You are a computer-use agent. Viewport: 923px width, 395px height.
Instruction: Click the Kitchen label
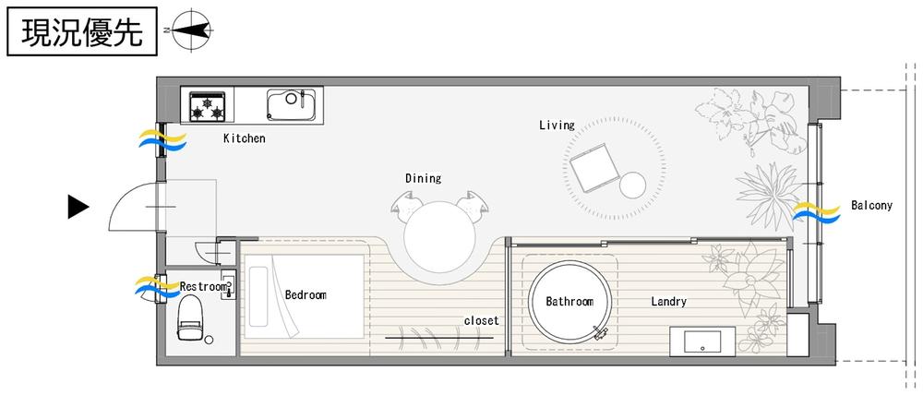[x=245, y=139]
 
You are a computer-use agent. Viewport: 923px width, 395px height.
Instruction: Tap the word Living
[x=557, y=125]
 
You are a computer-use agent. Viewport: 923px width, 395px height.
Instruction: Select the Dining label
[x=424, y=178]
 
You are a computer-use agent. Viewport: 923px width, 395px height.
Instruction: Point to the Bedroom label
[x=306, y=295]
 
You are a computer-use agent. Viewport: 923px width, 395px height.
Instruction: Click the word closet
[x=482, y=321]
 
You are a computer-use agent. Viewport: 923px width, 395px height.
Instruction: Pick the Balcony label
[x=872, y=206]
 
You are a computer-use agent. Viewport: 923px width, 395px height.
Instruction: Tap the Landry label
[x=668, y=302]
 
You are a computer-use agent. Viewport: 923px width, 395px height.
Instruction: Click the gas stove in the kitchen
[x=207, y=106]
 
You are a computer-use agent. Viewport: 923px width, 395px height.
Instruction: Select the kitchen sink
[x=292, y=104]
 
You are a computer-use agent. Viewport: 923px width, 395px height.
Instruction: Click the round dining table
[x=439, y=237]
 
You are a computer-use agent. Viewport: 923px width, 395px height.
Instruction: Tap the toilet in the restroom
[x=190, y=317]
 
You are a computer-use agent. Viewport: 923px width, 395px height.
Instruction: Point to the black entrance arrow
[x=78, y=207]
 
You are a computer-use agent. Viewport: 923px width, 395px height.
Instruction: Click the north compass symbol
[x=192, y=29]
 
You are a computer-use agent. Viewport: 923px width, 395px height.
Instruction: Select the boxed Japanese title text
[x=82, y=31]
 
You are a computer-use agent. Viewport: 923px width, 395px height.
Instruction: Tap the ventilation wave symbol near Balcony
[x=817, y=212]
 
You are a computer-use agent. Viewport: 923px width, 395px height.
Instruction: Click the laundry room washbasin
[x=702, y=341]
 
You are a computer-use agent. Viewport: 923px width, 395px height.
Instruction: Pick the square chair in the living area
[x=594, y=168]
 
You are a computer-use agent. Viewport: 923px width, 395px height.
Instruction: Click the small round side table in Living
[x=632, y=185]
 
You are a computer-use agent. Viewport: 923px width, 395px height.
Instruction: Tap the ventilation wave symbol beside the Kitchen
[x=162, y=141]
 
